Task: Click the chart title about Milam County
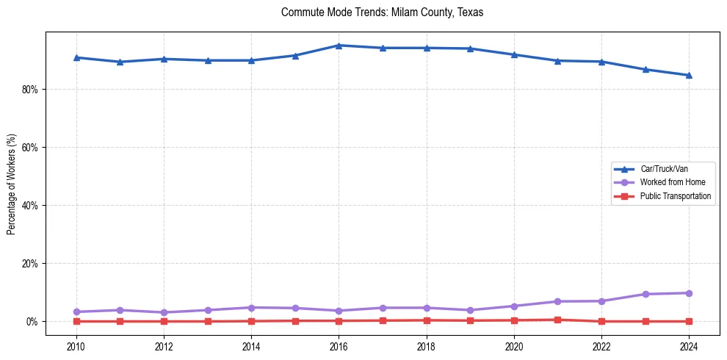382,12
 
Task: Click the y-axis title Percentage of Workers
11,184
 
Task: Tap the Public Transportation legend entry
675,196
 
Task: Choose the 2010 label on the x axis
76,345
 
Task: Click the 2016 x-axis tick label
339,345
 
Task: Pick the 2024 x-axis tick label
689,345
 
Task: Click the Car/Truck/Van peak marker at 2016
339,46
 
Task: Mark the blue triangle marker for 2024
689,75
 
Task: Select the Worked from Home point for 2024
689,293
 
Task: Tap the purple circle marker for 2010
76,312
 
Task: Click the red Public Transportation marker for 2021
557,320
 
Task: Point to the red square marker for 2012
164,321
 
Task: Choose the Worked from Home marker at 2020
514,306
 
